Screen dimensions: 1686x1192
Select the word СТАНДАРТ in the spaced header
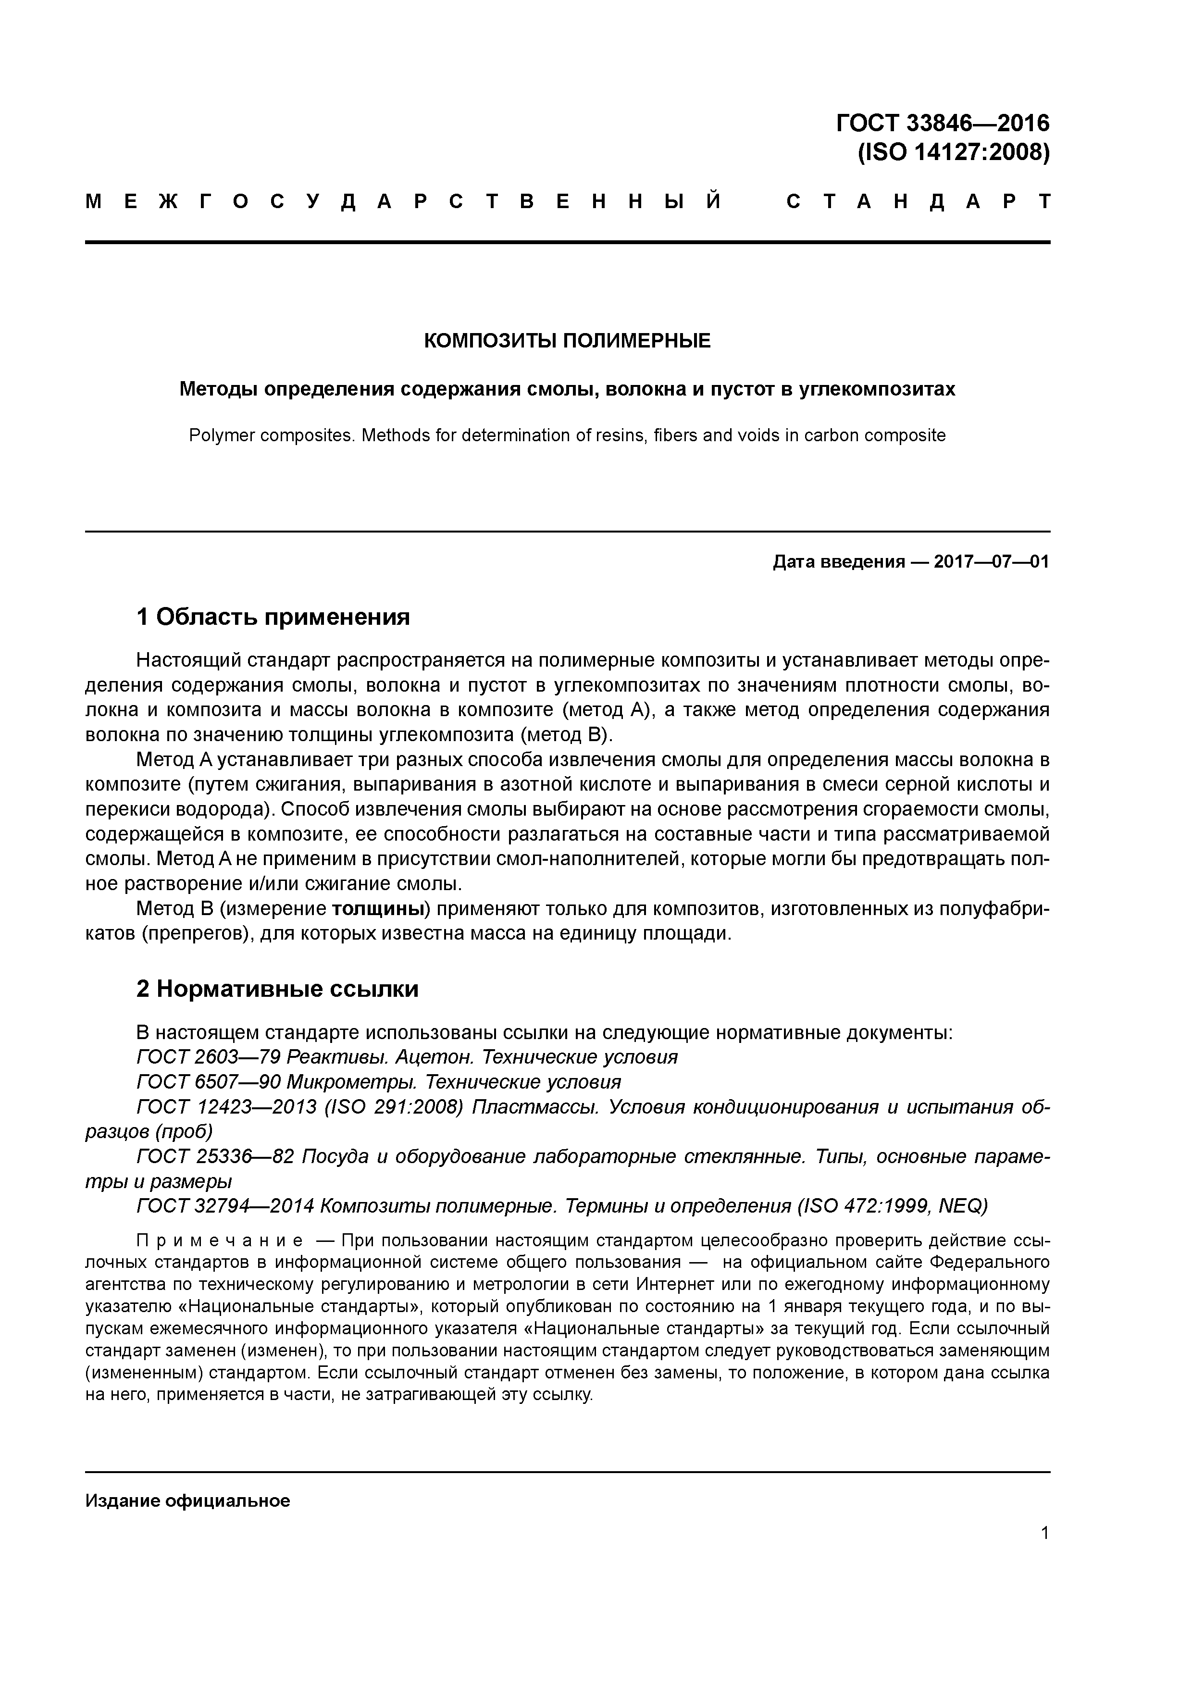[x=918, y=202]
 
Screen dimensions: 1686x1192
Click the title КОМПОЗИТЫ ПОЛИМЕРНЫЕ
[x=567, y=341]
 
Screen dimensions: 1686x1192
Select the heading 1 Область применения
[x=273, y=617]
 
